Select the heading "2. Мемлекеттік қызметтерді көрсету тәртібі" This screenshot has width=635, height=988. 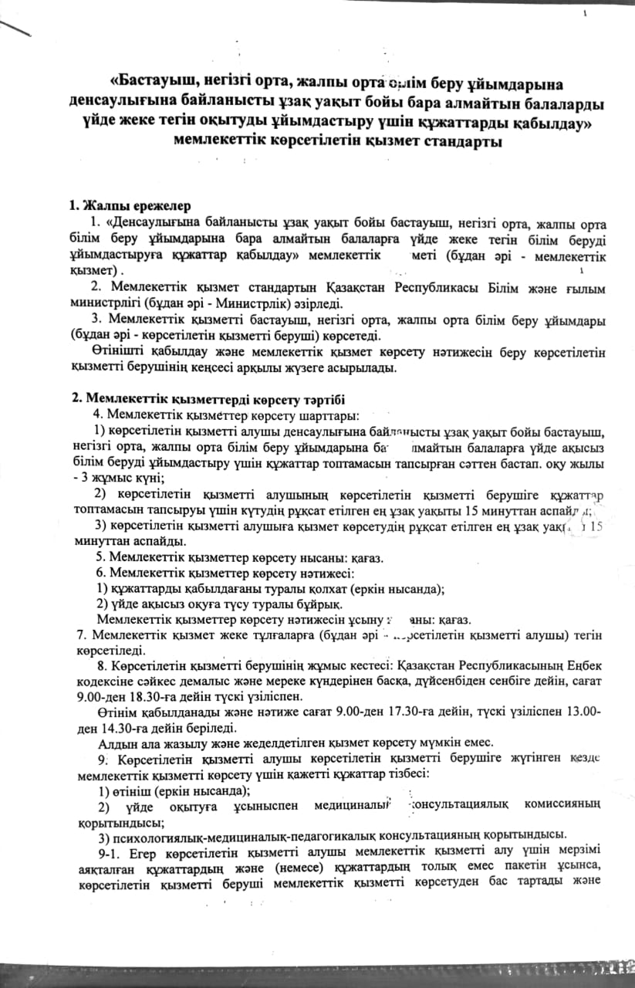[207, 398]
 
